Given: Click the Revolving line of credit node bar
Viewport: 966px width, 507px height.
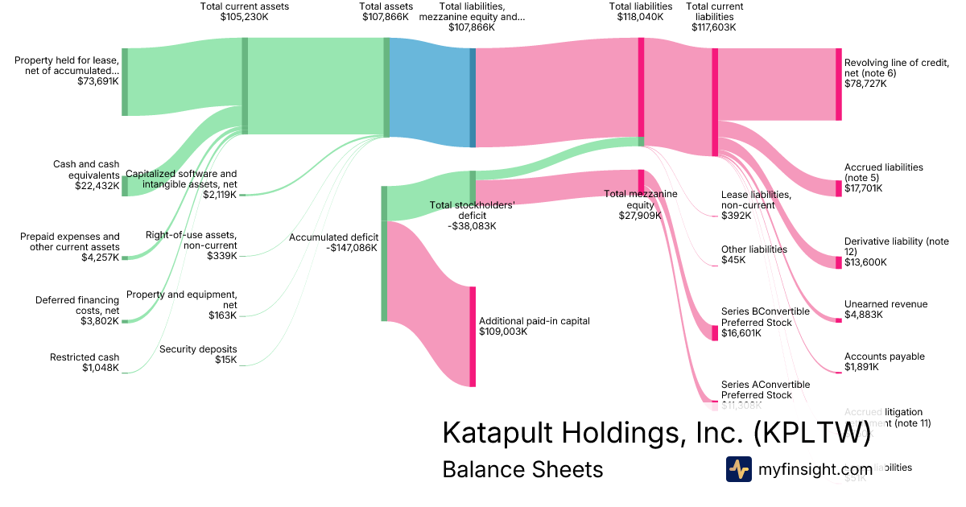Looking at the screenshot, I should coord(838,84).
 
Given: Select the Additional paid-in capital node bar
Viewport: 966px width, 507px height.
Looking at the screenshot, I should coord(473,336).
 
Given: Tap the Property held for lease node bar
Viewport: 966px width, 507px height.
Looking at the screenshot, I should coord(125,82).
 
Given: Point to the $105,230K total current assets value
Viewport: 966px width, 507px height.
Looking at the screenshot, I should coord(244,16).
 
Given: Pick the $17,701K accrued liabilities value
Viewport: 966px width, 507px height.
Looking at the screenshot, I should coord(863,188).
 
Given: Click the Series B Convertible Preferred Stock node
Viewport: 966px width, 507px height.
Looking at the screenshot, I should coord(714,332).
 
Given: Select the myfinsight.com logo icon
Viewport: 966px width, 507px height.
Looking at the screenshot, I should coord(738,469).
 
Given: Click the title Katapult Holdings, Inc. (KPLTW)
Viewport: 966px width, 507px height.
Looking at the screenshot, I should coord(656,432).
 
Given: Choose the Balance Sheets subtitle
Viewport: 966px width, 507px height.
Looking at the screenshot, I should coord(522,469).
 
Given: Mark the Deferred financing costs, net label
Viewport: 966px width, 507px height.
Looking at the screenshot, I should coord(77,305).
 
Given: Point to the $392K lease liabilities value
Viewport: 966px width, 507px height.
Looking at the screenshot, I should coord(736,216).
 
